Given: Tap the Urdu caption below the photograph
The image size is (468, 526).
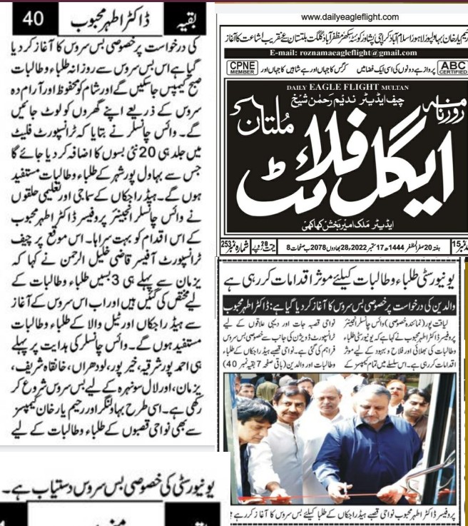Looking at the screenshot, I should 342,517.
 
